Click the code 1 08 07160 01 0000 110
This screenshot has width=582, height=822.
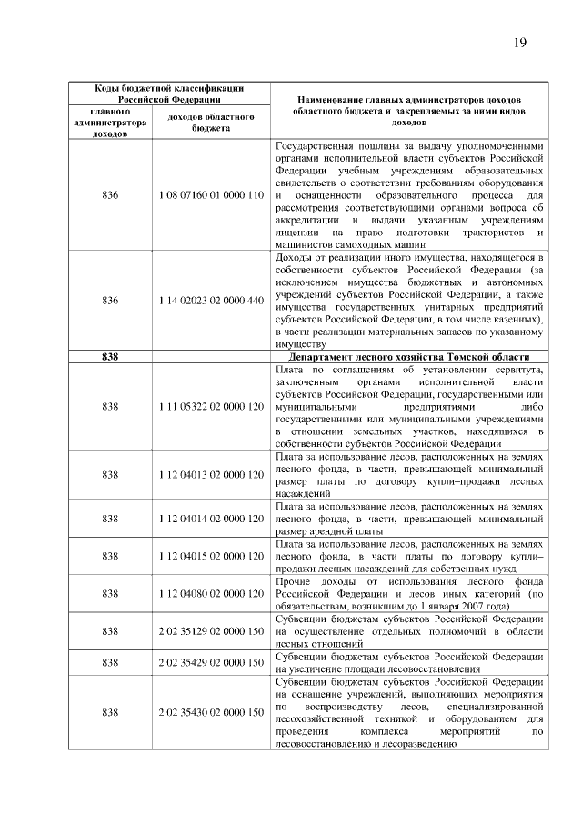[x=210, y=195]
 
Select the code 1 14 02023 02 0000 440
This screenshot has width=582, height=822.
[x=210, y=300]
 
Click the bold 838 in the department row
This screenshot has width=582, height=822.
[x=110, y=357]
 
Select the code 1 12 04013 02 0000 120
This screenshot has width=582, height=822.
[x=210, y=474]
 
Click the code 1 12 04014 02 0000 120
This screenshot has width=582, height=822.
[x=210, y=518]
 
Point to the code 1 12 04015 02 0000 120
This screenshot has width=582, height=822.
[x=210, y=555]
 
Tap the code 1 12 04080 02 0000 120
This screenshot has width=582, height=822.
[x=210, y=592]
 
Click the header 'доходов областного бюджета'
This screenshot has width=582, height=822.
[x=210, y=123]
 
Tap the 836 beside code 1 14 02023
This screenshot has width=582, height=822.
[x=110, y=300]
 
